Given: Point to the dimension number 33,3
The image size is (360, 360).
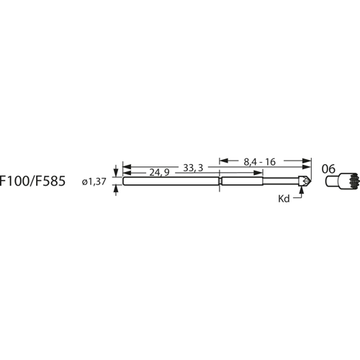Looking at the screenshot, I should pos(193,167).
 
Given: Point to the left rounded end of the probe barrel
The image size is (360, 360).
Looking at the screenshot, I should pos(125,182).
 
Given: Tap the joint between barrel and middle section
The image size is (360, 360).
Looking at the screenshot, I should pos(220,182).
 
